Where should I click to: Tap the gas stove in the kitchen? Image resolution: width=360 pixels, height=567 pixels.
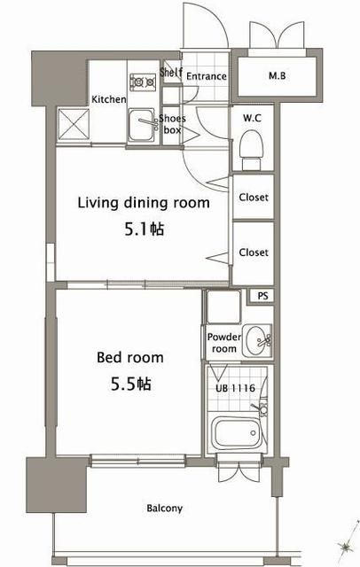coord(143,82)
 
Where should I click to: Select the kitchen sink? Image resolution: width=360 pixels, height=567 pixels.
coord(142,126)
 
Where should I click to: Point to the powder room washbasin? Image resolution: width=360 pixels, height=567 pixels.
coord(257,341)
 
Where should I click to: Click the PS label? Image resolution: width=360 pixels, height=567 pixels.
coord(263,296)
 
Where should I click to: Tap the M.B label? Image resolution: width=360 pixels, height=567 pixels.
coord(278,76)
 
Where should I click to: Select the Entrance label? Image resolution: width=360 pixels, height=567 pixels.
coord(207,76)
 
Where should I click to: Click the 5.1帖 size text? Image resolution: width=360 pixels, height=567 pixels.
coord(144,229)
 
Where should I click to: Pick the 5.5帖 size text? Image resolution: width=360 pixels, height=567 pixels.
coord(130,384)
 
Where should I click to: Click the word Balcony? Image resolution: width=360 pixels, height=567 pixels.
coord(165,509)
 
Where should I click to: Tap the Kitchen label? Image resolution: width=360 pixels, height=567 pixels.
coord(109,99)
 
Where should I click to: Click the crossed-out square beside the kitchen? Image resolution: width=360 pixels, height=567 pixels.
coord(74,124)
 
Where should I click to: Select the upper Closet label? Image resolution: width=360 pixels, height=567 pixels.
coord(254,198)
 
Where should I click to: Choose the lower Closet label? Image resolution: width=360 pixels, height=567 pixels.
coord(254,252)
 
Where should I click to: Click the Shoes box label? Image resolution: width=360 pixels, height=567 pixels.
coord(172,124)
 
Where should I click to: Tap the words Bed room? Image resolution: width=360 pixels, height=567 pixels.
coord(130,358)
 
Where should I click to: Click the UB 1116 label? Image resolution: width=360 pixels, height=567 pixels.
coord(236,388)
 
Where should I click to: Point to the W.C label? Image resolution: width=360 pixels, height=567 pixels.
coord(252,118)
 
